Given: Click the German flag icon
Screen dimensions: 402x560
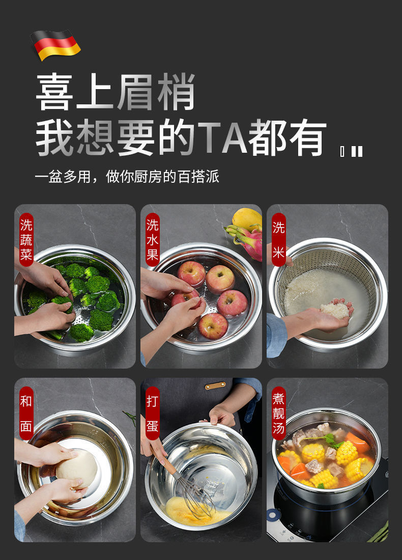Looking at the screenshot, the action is point(55,44).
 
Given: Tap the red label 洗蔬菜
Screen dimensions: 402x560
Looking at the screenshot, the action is point(26,240).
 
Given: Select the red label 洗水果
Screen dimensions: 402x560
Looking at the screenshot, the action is point(153,240).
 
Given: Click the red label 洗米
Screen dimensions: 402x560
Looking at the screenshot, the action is point(278,240).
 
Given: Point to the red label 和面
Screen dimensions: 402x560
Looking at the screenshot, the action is point(26,413).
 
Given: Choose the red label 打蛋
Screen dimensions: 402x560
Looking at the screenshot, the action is point(153,413).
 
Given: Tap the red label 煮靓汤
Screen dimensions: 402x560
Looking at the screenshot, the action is point(278,413).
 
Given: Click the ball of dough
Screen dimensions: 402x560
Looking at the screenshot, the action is point(77,468).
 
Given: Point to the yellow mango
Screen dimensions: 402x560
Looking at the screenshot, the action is point(247,218).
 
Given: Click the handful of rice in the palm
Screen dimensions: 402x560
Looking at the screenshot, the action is point(335,310).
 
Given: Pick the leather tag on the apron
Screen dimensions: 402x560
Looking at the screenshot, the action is point(215,386).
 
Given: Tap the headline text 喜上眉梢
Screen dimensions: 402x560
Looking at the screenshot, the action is point(116,92).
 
